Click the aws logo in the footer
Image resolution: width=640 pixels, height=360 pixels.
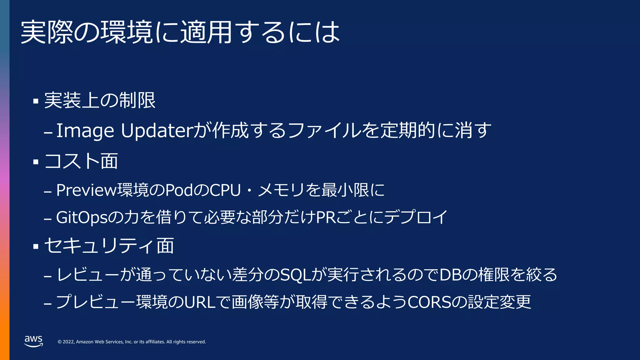[x=33, y=341]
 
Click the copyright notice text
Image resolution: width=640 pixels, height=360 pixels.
[x=132, y=342]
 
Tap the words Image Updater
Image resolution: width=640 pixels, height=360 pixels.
[x=125, y=131]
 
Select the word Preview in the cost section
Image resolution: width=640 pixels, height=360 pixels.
[x=87, y=190]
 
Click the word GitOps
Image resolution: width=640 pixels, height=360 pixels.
[x=82, y=217]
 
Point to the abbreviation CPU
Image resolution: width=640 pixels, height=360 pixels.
[x=225, y=190]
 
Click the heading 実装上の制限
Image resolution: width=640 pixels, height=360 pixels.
[x=100, y=101]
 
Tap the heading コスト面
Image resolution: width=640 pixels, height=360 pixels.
[x=81, y=161]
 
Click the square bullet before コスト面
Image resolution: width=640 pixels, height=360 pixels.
[x=36, y=162]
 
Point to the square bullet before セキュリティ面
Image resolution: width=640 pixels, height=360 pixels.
[x=36, y=247]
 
